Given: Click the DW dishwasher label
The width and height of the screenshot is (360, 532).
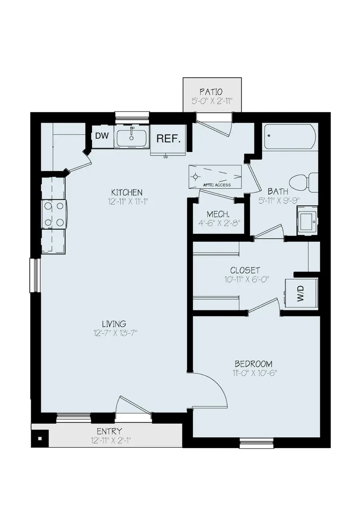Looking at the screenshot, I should (102, 136).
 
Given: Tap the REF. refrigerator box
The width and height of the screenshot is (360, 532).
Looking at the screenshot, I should (168, 138).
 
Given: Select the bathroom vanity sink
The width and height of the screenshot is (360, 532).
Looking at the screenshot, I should (307, 220).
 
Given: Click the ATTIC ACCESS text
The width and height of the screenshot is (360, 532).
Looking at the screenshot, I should (217, 185).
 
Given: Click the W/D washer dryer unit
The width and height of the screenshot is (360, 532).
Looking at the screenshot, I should (301, 293).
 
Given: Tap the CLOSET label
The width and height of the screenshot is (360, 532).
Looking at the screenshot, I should (245, 270).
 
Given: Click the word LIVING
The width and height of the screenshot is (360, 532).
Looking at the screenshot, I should (114, 324).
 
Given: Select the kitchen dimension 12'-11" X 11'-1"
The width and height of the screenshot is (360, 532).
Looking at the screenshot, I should (127, 202).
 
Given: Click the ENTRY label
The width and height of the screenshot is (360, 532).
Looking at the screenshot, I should (109, 431).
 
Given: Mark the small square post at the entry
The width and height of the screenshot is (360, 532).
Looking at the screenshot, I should (40, 438).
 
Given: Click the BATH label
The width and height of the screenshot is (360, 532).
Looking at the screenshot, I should (278, 191).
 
